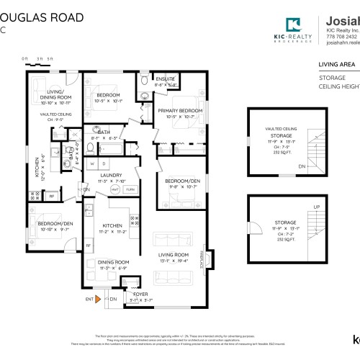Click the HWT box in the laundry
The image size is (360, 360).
115,189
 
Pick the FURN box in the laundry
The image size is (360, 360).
130,189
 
